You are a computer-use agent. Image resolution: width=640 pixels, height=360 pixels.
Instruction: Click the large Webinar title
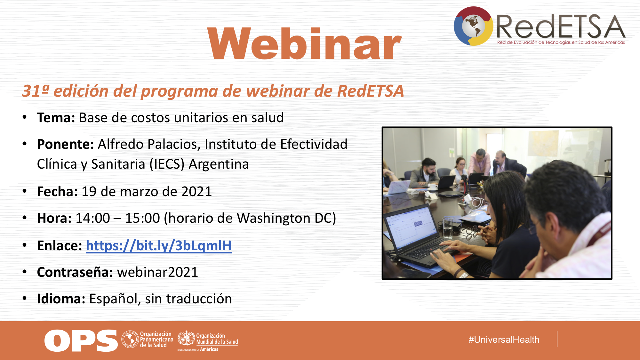(305, 44)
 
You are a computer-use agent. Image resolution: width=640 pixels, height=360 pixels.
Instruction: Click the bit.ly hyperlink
(159, 246)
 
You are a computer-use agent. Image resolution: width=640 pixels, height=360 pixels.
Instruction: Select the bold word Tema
(56, 118)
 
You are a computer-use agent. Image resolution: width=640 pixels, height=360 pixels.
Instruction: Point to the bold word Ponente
(65, 144)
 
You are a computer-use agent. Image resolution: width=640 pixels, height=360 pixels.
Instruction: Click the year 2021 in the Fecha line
(196, 192)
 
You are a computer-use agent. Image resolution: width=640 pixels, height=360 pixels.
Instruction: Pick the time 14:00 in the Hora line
(93, 218)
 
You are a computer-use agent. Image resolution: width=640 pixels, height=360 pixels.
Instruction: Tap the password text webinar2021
(157, 272)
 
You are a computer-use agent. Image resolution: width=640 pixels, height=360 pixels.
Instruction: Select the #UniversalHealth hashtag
(504, 340)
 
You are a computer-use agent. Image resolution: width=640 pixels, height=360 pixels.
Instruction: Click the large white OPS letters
(81, 340)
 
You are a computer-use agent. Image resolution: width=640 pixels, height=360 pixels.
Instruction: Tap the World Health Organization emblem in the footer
(186, 338)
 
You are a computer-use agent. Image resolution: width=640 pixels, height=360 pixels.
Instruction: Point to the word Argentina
(219, 164)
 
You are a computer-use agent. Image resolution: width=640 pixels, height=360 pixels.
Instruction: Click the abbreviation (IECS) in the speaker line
(167, 164)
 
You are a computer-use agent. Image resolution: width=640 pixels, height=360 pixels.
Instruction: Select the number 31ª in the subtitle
(36, 91)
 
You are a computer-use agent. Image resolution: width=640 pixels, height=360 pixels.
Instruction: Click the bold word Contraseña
(75, 272)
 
